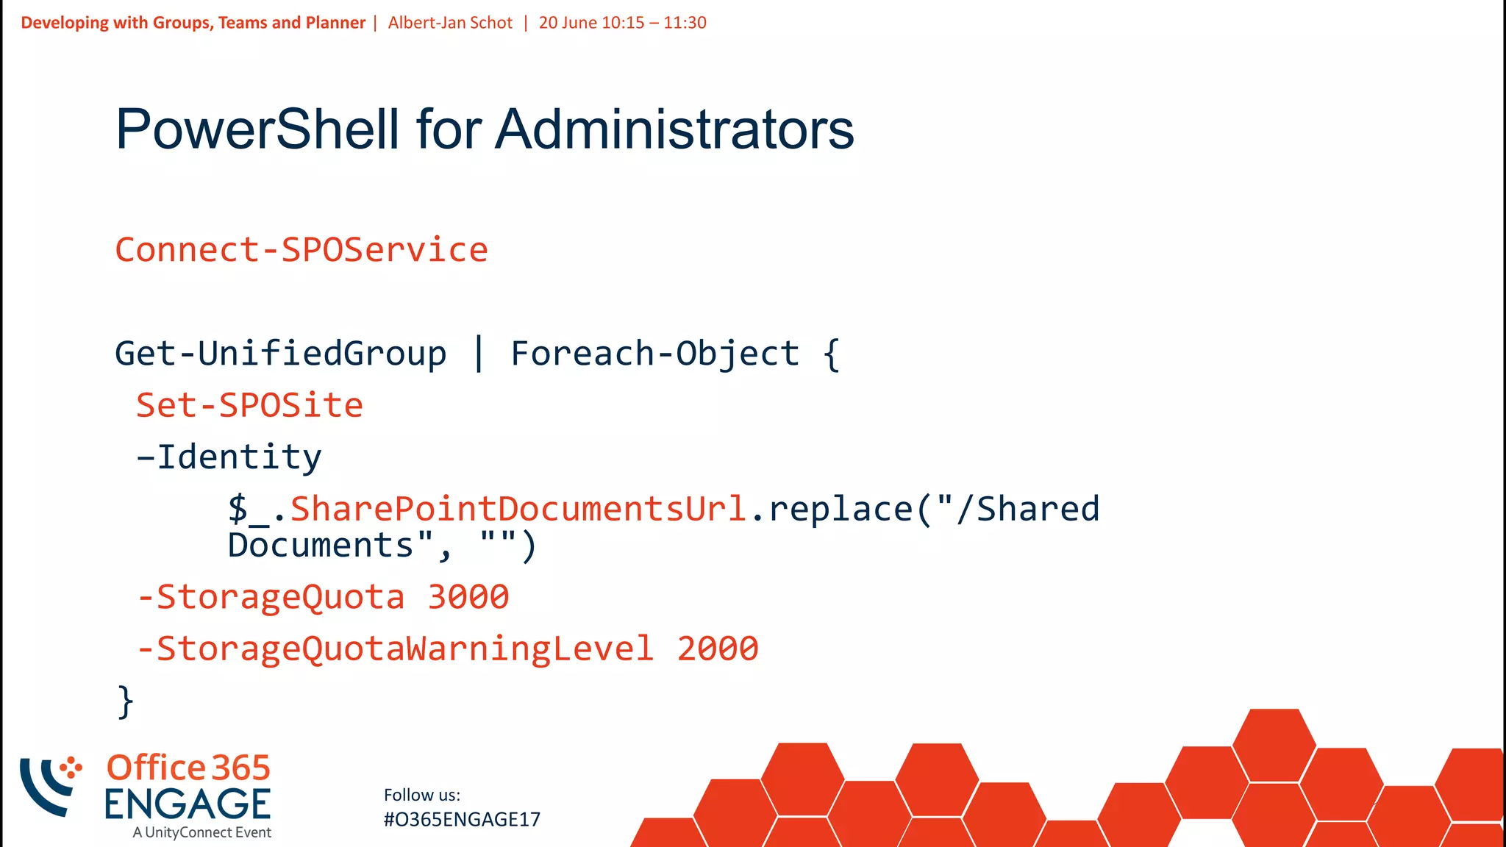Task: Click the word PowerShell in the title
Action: tap(257, 129)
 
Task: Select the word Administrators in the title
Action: tap(674, 129)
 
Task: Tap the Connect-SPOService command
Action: tap(301, 250)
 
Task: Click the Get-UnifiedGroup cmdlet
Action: tap(280, 354)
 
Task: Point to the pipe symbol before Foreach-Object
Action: tap(479, 354)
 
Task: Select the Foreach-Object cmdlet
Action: tap(654, 354)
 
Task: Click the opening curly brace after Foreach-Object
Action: tap(831, 354)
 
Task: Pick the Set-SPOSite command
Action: tap(250, 405)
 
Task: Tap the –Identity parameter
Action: tap(229, 457)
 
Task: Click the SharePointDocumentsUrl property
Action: tap(519, 509)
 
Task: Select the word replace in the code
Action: tap(841, 509)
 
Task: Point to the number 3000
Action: tap(468, 597)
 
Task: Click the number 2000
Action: tap(718, 648)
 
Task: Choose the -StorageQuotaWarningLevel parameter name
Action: tap(396, 648)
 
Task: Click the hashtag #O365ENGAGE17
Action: tap(462, 819)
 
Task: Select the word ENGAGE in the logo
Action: tap(188, 804)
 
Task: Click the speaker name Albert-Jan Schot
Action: tap(450, 23)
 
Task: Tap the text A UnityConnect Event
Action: tap(202, 832)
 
